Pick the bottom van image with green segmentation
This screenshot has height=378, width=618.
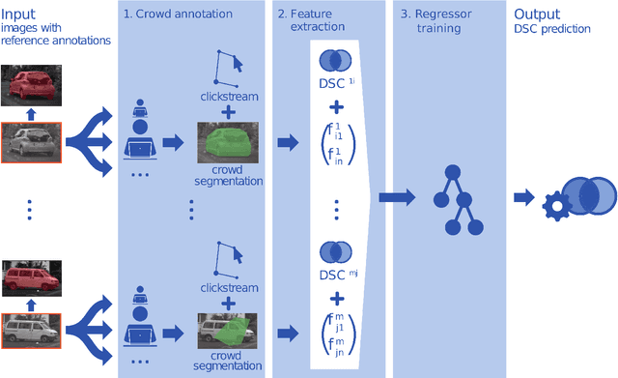coord(228,331)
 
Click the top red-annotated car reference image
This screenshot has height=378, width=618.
coord(31,85)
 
